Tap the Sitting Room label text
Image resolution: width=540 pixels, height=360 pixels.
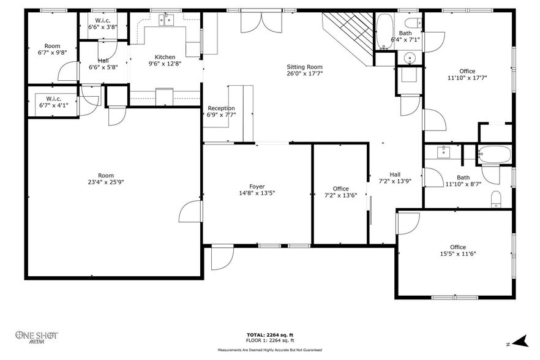(x=305, y=67)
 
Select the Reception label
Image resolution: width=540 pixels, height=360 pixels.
(x=221, y=108)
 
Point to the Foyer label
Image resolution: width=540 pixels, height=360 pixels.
(x=257, y=186)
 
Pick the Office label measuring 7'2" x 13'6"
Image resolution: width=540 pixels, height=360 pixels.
(x=340, y=189)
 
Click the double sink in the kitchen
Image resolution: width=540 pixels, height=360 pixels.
(x=166, y=20)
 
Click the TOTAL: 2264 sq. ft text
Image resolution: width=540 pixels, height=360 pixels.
(x=269, y=334)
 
